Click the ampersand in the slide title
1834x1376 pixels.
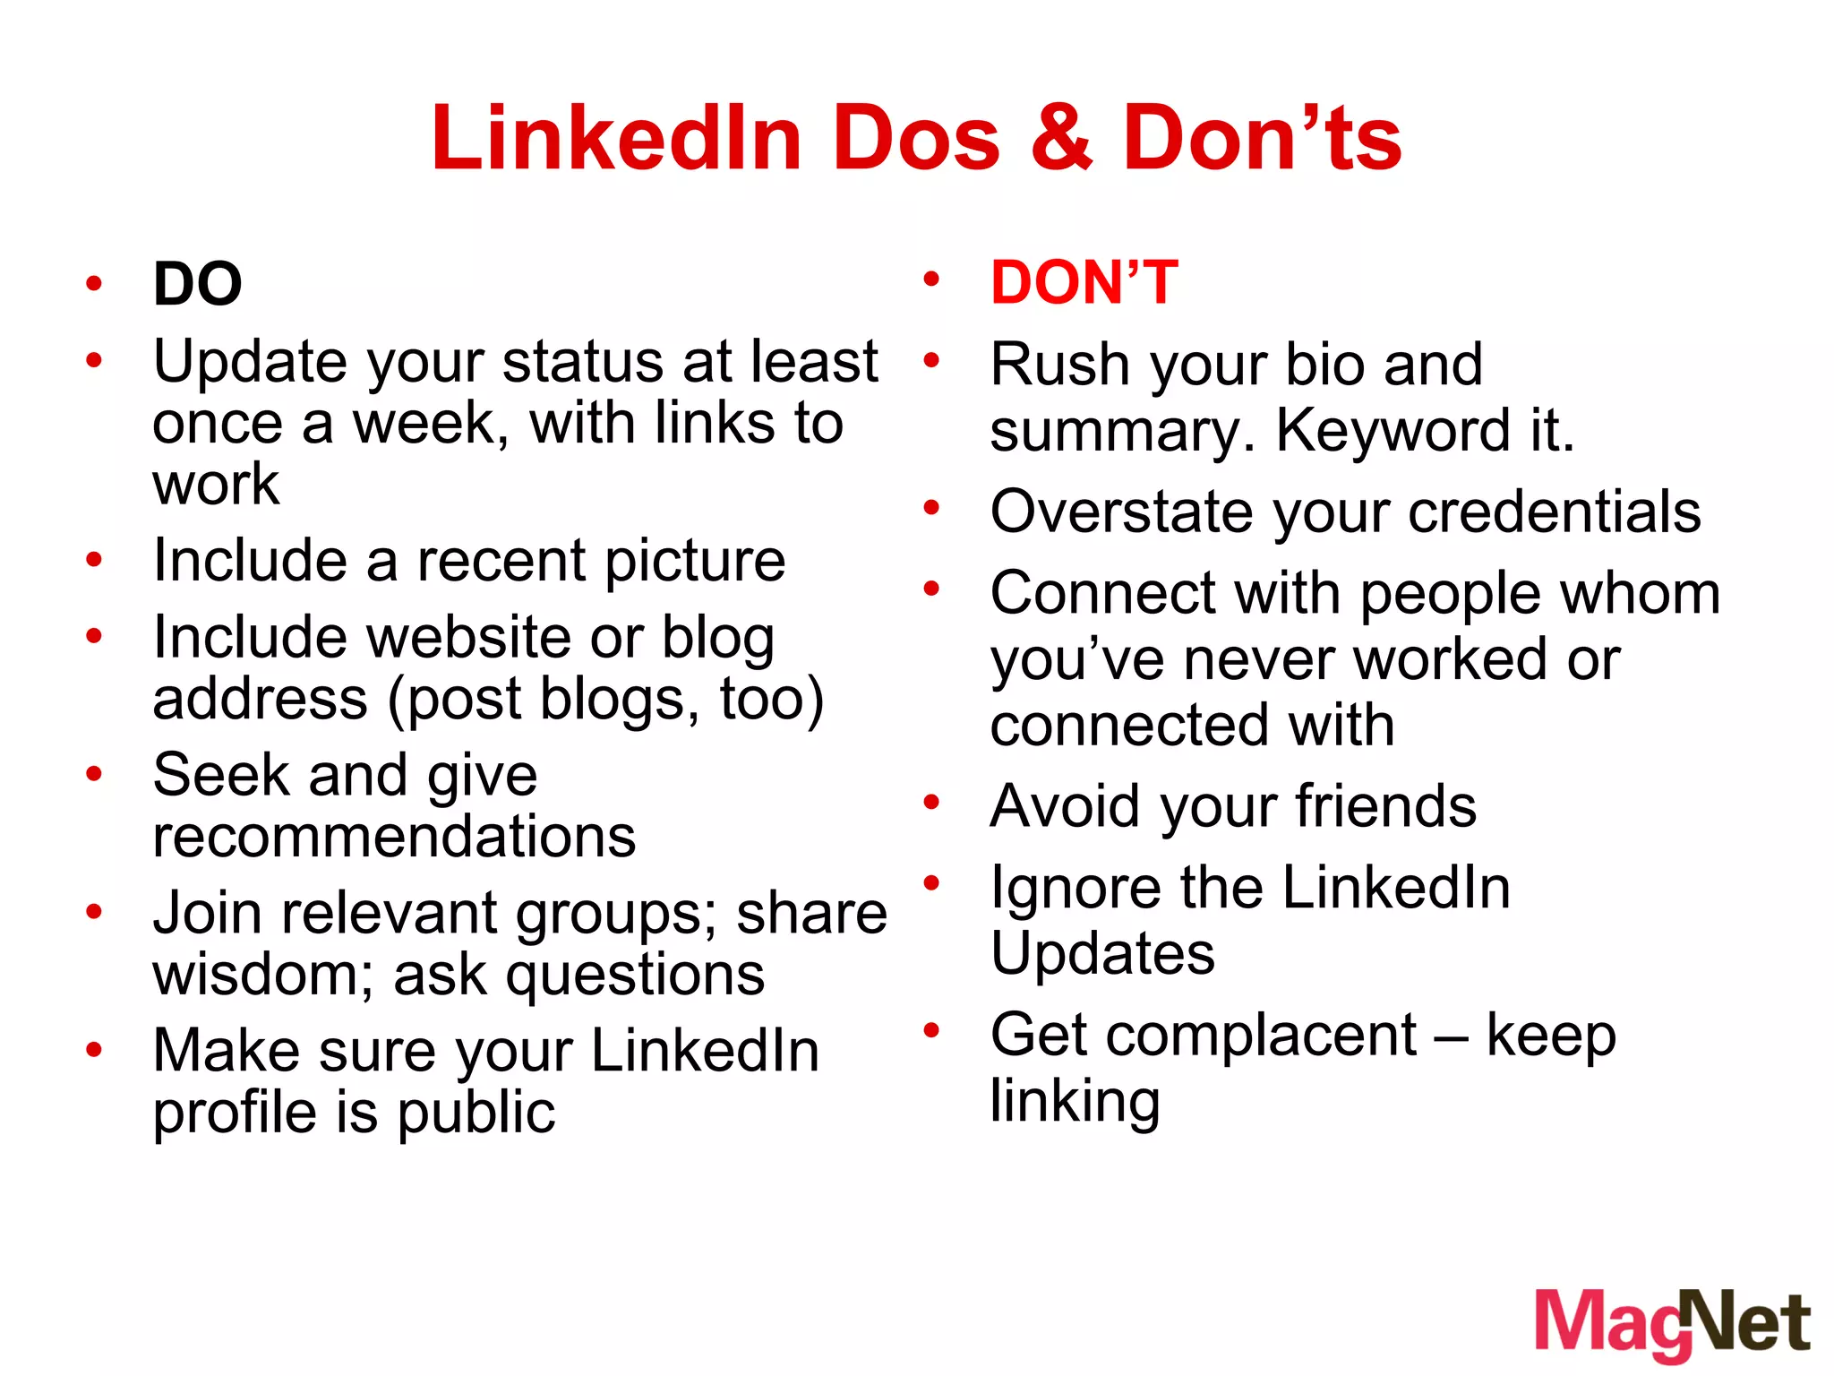coord(1061,139)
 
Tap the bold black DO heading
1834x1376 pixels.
coord(198,285)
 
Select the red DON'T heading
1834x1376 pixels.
coord(1084,283)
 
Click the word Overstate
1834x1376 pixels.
coord(1119,512)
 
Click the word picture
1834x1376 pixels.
coord(690,562)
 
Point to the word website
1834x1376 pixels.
coord(469,638)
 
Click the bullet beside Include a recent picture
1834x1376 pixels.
coord(94,561)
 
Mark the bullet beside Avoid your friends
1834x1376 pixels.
coord(931,802)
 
